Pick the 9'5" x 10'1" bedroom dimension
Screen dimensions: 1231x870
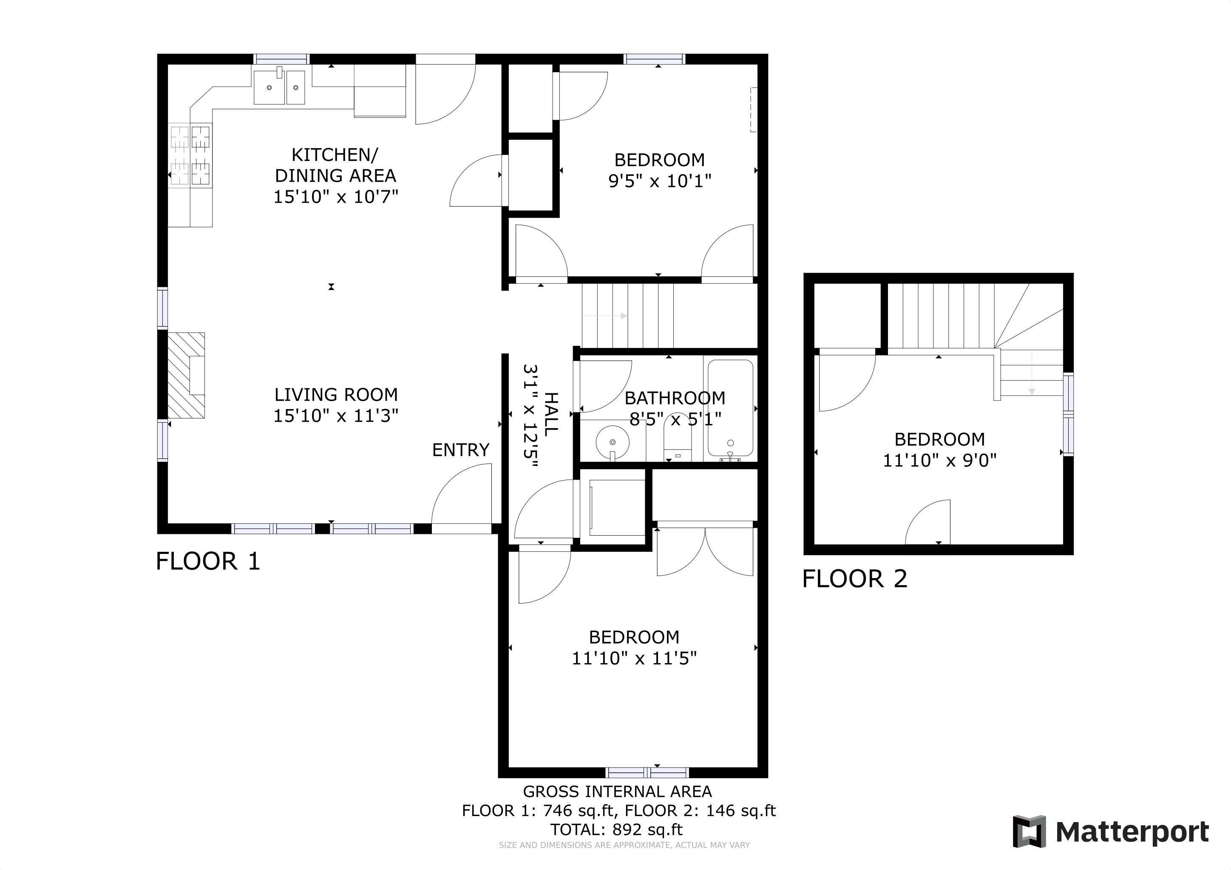click(659, 181)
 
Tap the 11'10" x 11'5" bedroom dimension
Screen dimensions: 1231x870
click(634, 658)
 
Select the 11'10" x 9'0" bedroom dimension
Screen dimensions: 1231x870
click(940, 460)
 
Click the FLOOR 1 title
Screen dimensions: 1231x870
click(208, 562)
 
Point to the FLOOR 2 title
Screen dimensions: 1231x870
click(855, 579)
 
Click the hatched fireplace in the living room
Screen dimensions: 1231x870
click(186, 376)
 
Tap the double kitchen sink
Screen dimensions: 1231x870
click(279, 87)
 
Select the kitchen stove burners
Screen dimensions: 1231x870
click(190, 155)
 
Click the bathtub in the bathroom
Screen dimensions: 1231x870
click(730, 408)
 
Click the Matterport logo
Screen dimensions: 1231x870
click(1110, 832)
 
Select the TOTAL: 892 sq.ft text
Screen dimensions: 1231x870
click(617, 830)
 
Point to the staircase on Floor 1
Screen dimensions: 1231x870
click(628, 316)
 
